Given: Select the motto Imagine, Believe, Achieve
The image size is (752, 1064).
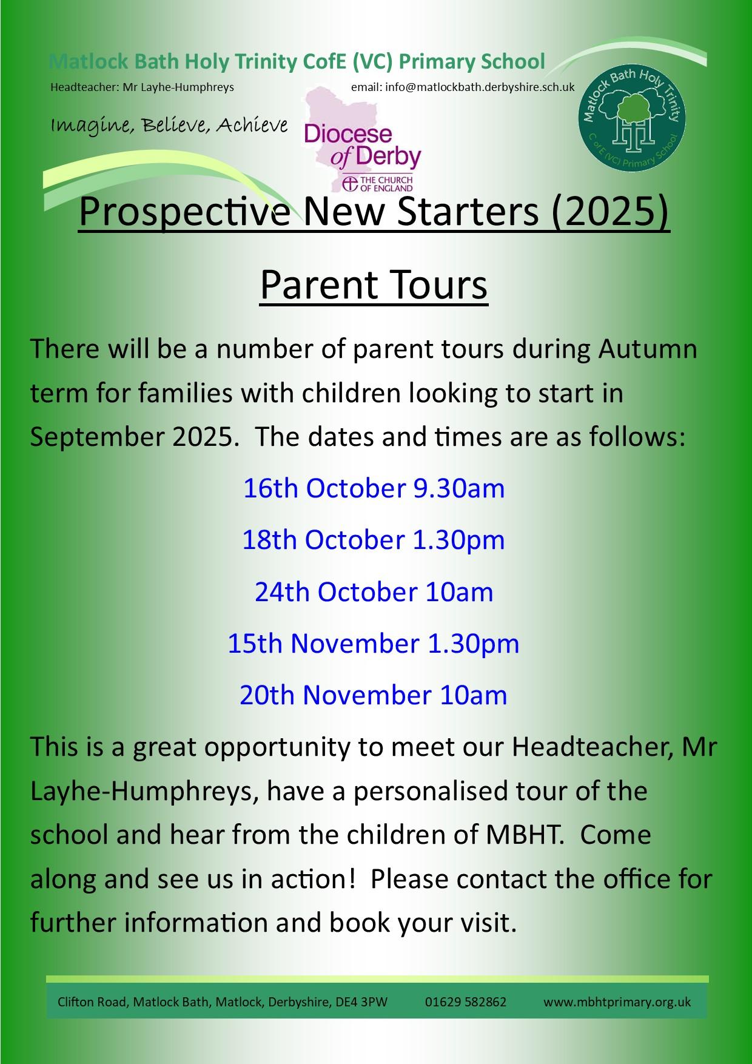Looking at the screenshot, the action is [x=169, y=126].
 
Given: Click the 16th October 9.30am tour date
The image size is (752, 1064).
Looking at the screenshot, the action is [x=374, y=488].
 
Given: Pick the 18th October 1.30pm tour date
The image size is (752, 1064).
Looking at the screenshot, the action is [x=374, y=540].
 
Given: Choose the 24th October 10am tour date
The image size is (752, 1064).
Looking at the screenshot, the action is [x=374, y=591].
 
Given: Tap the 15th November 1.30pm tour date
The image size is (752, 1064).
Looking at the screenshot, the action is [x=374, y=644].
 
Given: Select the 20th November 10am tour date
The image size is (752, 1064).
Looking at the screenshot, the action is [x=374, y=695].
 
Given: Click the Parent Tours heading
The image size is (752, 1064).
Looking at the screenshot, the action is [x=374, y=285].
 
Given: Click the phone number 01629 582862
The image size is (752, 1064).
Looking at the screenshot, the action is [x=466, y=1002].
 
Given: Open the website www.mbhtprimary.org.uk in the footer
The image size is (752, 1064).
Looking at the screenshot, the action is [x=617, y=1002].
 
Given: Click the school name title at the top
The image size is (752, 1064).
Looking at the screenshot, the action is [x=297, y=62].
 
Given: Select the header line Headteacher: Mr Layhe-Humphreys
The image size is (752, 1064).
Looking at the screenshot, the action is [x=142, y=87].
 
